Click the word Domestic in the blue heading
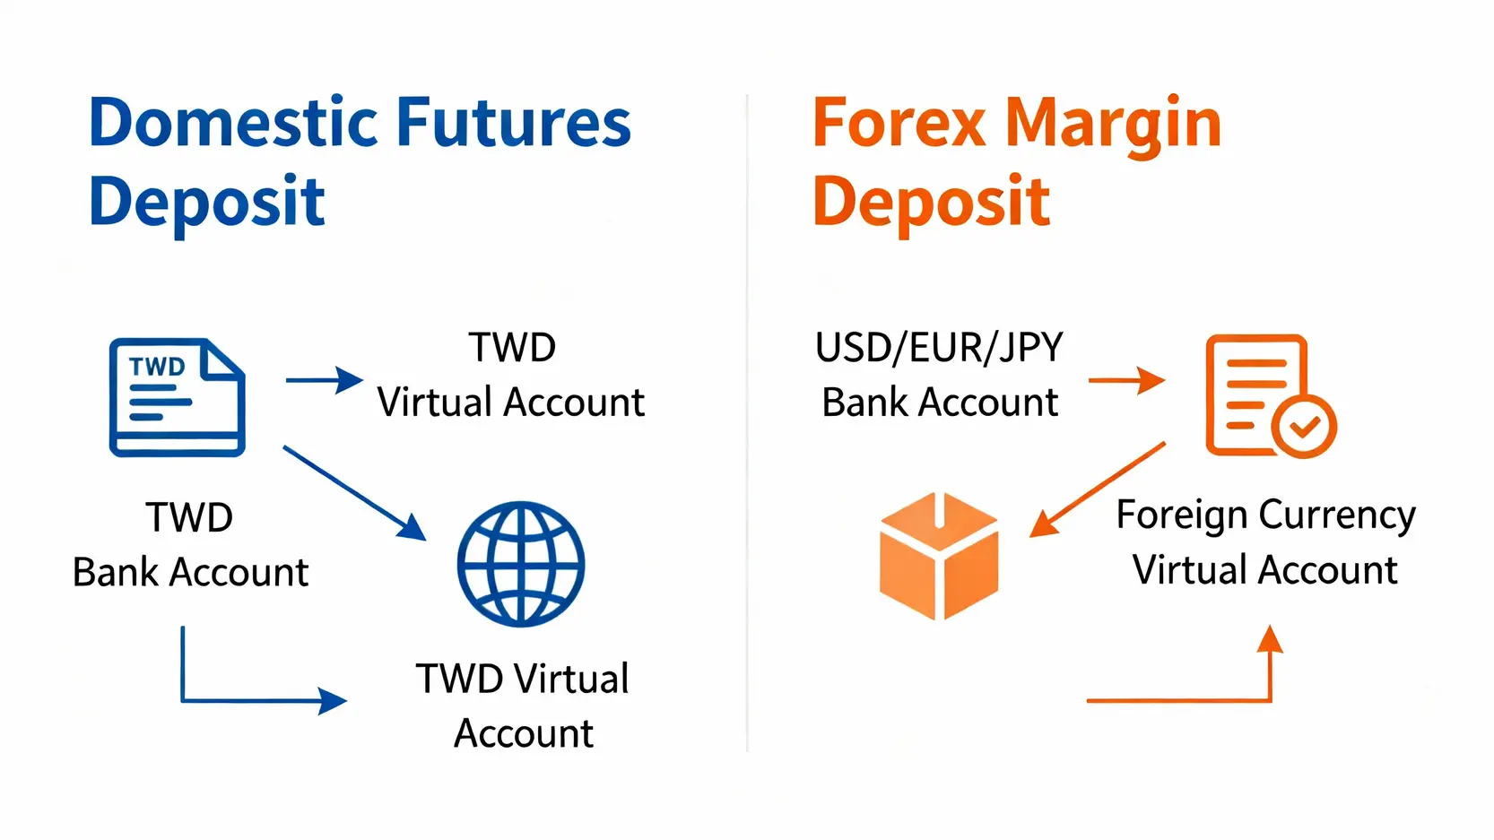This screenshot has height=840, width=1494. click(233, 123)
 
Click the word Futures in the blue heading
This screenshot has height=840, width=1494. click(514, 123)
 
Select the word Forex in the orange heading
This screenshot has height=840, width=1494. click(899, 123)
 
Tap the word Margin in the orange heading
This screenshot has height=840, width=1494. click(1113, 128)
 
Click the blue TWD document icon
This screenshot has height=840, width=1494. click(178, 397)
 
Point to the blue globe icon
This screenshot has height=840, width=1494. click(521, 564)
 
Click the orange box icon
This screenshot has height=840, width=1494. click(939, 556)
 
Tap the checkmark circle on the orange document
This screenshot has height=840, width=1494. click(1304, 427)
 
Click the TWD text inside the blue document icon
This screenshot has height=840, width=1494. click(157, 367)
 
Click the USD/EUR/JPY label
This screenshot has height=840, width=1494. click(939, 347)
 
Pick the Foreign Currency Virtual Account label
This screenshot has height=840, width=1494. click(1265, 542)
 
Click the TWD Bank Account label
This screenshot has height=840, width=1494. click(190, 544)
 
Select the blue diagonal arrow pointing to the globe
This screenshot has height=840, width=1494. click(355, 493)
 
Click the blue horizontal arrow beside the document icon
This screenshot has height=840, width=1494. click(325, 380)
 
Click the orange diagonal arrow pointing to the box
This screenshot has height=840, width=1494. click(1097, 490)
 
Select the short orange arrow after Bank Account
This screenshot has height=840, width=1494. click(1127, 380)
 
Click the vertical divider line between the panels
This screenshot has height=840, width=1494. click(747, 423)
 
